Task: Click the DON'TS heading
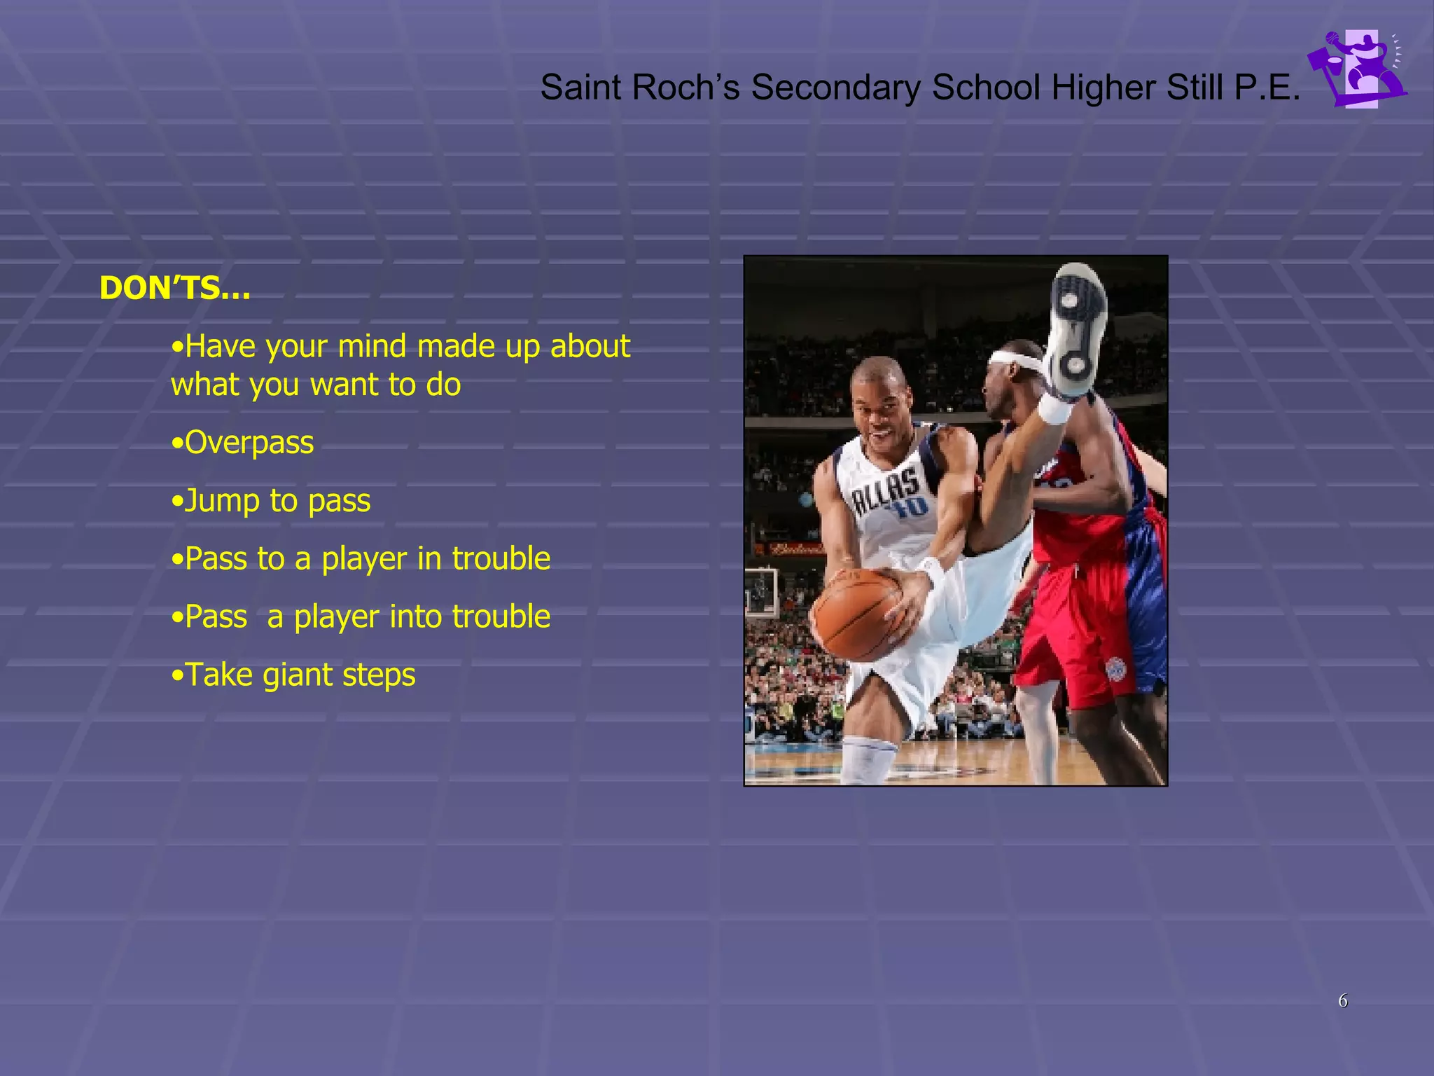(174, 288)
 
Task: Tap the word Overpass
(249, 443)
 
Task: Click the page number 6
(1342, 1000)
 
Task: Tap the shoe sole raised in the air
(1075, 329)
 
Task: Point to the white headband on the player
(1016, 362)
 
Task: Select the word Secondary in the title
(835, 88)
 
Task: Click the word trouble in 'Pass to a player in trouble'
(501, 559)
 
